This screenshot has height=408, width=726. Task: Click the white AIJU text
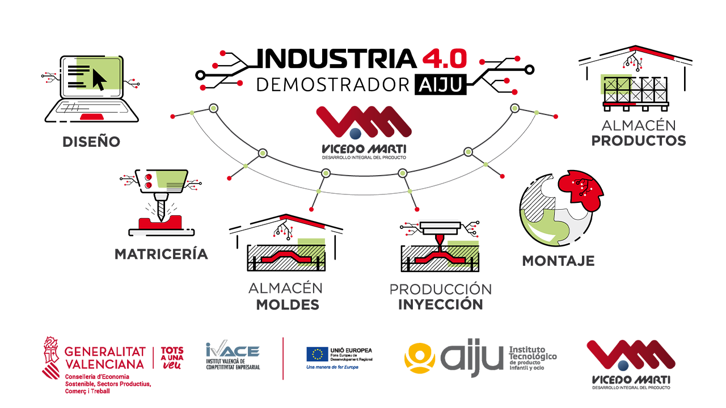440,85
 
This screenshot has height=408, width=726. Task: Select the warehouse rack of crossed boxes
638,90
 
